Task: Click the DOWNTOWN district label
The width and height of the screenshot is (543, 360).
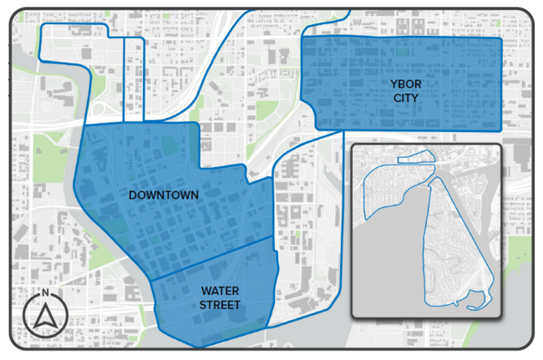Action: [164, 195]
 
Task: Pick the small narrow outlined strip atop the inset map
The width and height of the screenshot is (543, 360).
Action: [416, 157]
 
